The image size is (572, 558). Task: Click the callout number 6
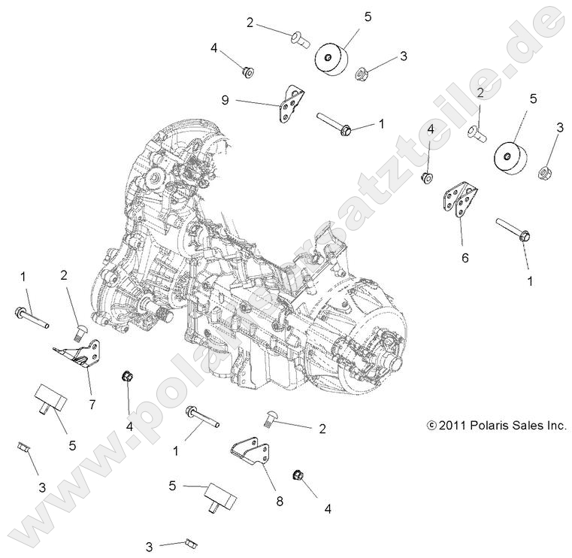point(465,257)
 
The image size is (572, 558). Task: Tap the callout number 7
point(92,405)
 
